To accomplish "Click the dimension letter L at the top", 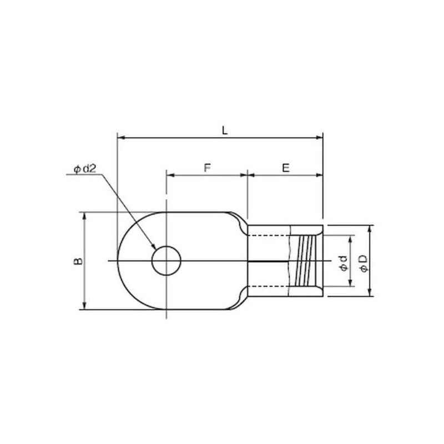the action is click(225, 130).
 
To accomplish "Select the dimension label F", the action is click(208, 168).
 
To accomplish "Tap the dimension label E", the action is click(286, 168).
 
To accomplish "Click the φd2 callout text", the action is click(85, 169).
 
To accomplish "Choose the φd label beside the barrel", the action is click(344, 263).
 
